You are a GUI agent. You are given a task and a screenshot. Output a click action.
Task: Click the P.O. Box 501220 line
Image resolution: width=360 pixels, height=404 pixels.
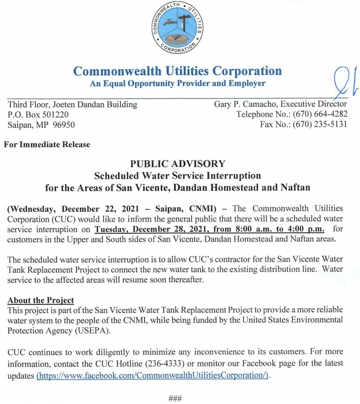click(x=38, y=115)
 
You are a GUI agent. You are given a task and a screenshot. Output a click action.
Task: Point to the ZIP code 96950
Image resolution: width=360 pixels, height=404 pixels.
click(x=64, y=125)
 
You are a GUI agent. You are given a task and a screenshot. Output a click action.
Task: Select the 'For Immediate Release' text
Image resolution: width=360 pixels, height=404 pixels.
click(x=47, y=144)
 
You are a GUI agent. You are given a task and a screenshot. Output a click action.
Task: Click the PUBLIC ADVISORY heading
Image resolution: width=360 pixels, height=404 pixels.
click(x=178, y=163)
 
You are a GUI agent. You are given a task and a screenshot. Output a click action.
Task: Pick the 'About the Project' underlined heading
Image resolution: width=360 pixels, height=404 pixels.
click(x=41, y=300)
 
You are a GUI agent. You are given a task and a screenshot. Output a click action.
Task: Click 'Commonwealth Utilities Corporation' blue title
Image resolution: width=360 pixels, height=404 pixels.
click(x=178, y=71)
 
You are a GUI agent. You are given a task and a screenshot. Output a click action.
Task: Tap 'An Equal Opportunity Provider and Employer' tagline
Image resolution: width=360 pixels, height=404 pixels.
click(x=178, y=84)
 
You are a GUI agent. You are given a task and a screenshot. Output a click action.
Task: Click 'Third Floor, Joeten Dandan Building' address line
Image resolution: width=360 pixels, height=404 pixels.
click(x=73, y=105)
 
